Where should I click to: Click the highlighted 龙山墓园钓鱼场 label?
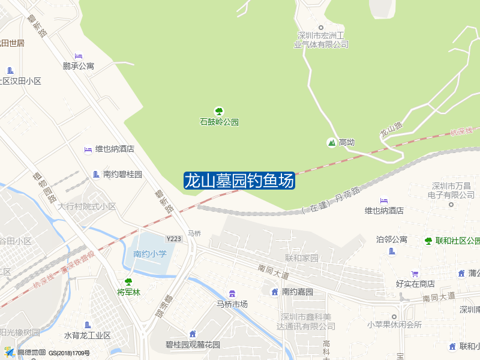coord(239,181)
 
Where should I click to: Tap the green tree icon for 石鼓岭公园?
coord(219,111)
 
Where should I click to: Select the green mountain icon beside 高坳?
coord(331,142)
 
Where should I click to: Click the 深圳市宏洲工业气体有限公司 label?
coord(321,40)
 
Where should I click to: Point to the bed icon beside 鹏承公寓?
coord(79,56)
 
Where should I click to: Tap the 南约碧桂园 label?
coord(122,175)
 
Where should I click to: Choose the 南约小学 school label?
coord(150,254)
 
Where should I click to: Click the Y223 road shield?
coord(174,239)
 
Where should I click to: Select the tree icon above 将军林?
coord(128,282)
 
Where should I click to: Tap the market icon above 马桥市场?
coord(232,293)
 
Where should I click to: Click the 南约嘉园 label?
coord(298,292)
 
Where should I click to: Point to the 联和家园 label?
coord(302,258)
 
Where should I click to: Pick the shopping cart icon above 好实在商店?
coord(415,274)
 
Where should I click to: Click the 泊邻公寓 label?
coord(392,239)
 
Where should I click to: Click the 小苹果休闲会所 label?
coord(394,325)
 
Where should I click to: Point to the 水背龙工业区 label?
coord(88,335)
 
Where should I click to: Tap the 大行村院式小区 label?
coord(87,206)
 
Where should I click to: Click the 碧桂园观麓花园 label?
coord(193,345)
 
